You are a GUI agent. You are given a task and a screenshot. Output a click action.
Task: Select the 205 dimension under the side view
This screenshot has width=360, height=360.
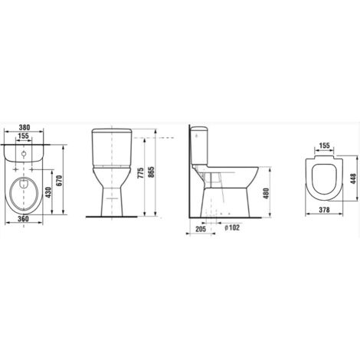201,228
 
